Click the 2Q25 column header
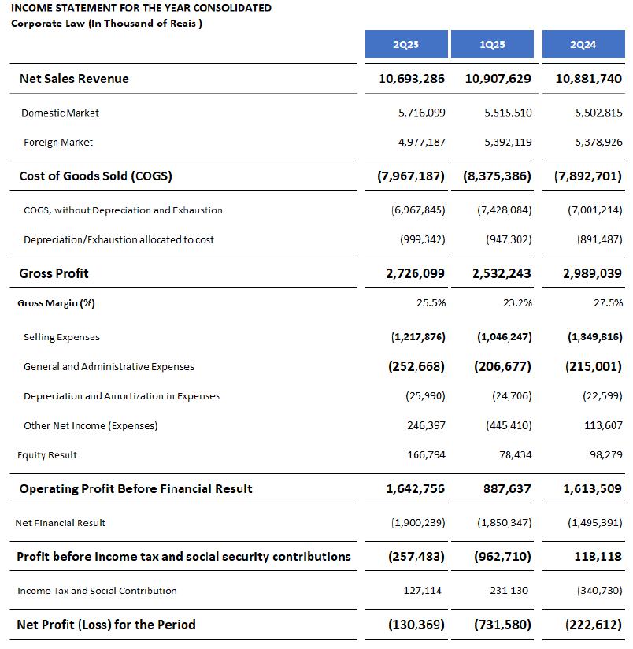[x=406, y=44]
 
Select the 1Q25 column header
[x=492, y=44]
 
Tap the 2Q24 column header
[x=583, y=44]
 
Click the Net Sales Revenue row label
[x=74, y=79]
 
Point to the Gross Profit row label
[x=54, y=273]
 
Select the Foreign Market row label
[x=58, y=143]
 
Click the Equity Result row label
[x=47, y=455]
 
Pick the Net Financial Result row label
[x=61, y=523]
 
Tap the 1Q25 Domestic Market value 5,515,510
[x=509, y=113]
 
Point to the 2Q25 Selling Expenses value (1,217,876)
[x=419, y=337]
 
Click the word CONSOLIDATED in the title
[x=231, y=8]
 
